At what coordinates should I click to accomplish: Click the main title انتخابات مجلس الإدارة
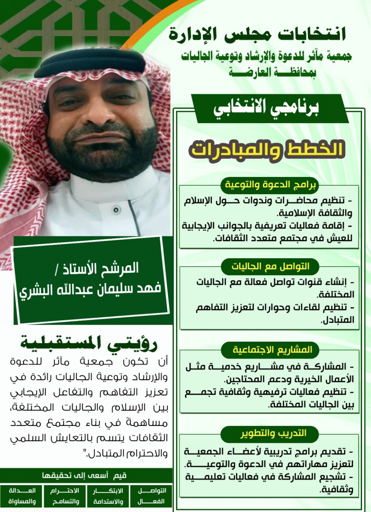point(257,35)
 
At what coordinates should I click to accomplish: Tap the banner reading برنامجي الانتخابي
point(266,108)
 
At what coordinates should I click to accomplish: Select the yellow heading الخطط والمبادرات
point(267,150)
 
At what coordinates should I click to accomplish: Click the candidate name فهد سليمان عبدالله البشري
point(90,290)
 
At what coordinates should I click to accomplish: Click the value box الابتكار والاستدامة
point(108,496)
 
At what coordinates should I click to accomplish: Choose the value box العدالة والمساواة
point(22,496)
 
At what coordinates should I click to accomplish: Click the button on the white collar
point(116,210)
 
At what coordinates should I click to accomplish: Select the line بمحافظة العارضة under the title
point(272,73)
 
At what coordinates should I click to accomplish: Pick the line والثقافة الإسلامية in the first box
point(315,213)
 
